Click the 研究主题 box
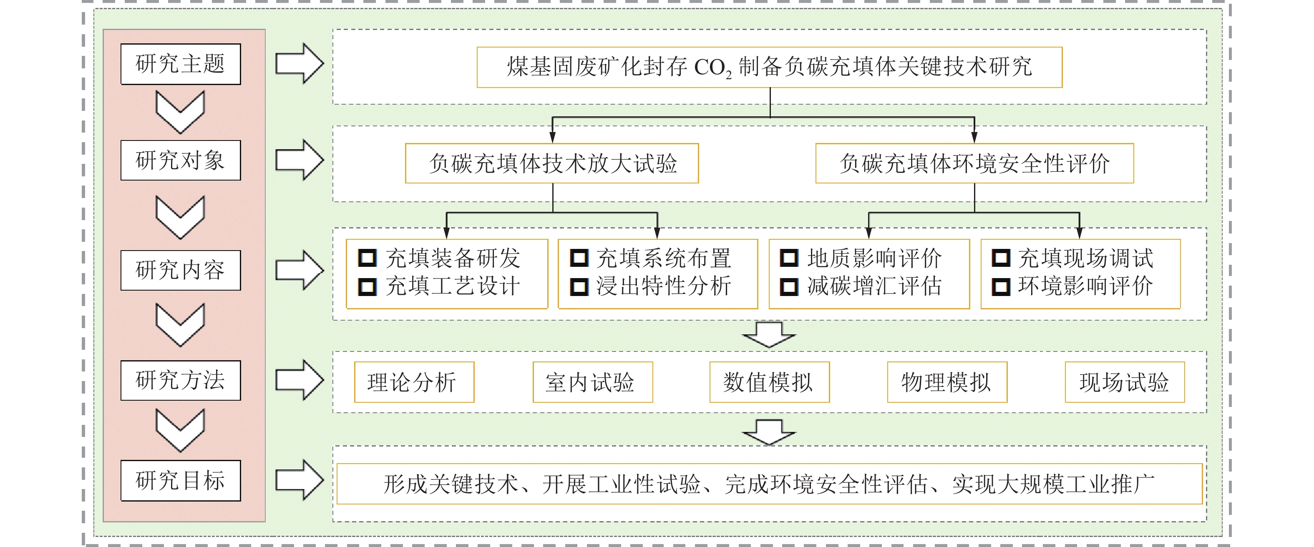point(181,64)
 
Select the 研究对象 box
point(181,160)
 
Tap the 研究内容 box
point(181,270)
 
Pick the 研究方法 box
point(181,380)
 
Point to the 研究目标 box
point(181,480)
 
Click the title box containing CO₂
point(769,67)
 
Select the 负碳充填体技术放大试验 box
point(552,163)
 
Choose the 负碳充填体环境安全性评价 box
point(974,163)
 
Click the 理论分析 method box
point(414,382)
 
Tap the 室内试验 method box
point(593,382)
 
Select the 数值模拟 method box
point(769,382)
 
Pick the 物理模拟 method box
point(947,382)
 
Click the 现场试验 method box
point(1125,382)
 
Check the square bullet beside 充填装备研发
point(367,258)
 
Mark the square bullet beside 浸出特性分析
point(579,286)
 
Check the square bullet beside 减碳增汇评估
point(789,286)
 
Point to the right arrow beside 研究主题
point(300,64)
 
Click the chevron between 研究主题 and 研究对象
point(181,112)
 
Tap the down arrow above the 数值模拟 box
point(769,334)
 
